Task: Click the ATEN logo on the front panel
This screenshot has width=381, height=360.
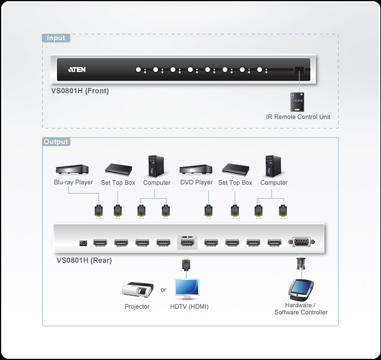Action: [77, 70]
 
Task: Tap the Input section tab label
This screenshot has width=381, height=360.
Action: [56, 38]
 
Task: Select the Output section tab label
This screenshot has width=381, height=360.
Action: [57, 142]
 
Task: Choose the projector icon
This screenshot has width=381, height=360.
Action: [136, 290]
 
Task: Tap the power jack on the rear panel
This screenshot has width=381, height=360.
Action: [84, 243]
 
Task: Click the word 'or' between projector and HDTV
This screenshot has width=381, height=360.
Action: [163, 290]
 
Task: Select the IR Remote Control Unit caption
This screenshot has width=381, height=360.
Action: [298, 117]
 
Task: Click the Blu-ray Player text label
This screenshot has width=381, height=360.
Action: [73, 182]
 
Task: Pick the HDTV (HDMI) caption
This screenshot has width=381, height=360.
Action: [189, 307]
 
